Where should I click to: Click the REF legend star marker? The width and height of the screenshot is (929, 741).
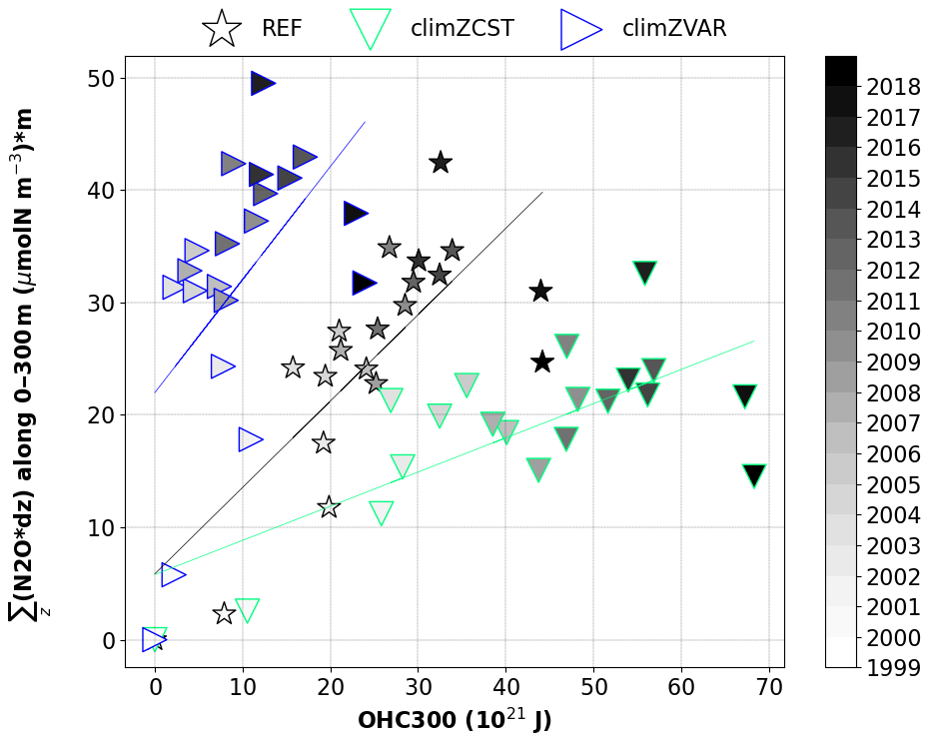[x=222, y=29]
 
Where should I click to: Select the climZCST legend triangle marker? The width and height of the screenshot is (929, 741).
[x=371, y=29]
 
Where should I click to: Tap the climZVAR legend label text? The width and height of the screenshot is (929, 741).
[x=673, y=29]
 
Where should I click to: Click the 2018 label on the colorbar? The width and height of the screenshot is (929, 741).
[x=894, y=86]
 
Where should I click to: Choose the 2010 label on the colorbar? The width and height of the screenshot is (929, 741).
[x=894, y=332]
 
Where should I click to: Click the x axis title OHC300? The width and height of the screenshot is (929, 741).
[x=455, y=721]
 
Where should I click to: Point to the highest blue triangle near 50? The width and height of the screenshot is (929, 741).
[x=262, y=84]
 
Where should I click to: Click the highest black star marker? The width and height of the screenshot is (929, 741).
[x=441, y=162]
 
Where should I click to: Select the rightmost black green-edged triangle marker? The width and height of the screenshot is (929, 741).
[x=754, y=475]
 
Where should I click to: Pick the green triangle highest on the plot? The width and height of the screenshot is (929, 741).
[x=644, y=273]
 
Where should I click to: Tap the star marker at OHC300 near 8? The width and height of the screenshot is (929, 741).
[x=224, y=613]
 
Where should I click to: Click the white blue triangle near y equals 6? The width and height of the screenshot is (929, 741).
[x=173, y=574]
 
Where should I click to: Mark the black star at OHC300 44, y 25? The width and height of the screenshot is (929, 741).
[x=542, y=362]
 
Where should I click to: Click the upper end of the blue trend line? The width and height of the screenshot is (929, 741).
[x=365, y=123]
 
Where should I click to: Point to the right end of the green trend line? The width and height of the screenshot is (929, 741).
[x=753, y=342]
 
